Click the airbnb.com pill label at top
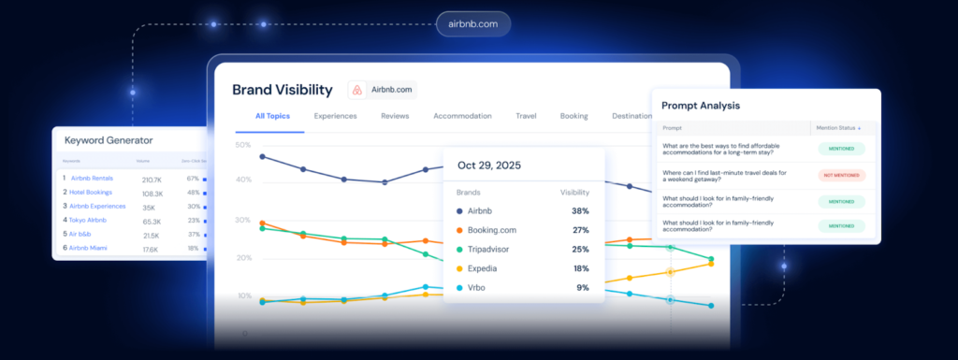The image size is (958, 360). click(473, 23)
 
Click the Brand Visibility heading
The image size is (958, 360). click(282, 90)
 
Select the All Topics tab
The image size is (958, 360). click(272, 116)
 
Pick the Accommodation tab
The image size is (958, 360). click(462, 116)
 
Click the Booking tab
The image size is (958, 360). click(573, 116)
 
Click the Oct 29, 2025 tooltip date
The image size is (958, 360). click(489, 166)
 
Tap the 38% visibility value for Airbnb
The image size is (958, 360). click(580, 210)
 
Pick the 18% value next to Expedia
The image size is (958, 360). click(580, 268)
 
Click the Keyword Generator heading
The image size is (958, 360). click(109, 140)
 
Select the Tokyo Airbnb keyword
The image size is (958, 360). click(89, 220)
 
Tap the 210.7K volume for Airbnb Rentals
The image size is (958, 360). click(152, 178)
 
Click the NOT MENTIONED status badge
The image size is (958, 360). click(841, 175)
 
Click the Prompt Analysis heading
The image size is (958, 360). click(701, 106)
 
